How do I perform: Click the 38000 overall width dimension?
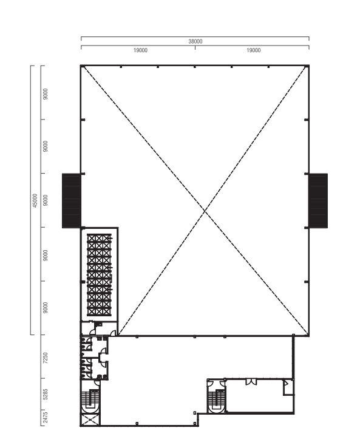point(195,41)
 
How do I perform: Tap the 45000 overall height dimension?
point(35,200)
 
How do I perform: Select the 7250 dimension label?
point(46,358)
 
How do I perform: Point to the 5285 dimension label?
point(46,394)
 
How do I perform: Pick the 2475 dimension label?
point(46,418)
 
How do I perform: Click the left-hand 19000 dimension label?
point(140,50)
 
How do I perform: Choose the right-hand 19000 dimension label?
point(253,50)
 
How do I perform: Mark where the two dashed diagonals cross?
point(205,210)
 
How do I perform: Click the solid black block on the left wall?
point(72,201)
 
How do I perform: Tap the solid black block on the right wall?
point(318,201)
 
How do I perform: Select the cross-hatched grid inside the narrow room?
point(99,275)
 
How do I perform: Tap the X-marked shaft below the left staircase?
point(90,420)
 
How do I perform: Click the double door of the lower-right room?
point(251,382)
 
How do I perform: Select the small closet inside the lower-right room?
point(288,387)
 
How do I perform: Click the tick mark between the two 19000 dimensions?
point(195,47)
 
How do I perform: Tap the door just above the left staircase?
point(97,383)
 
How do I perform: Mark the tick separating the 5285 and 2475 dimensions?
point(42,410)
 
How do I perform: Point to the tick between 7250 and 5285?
point(42,378)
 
